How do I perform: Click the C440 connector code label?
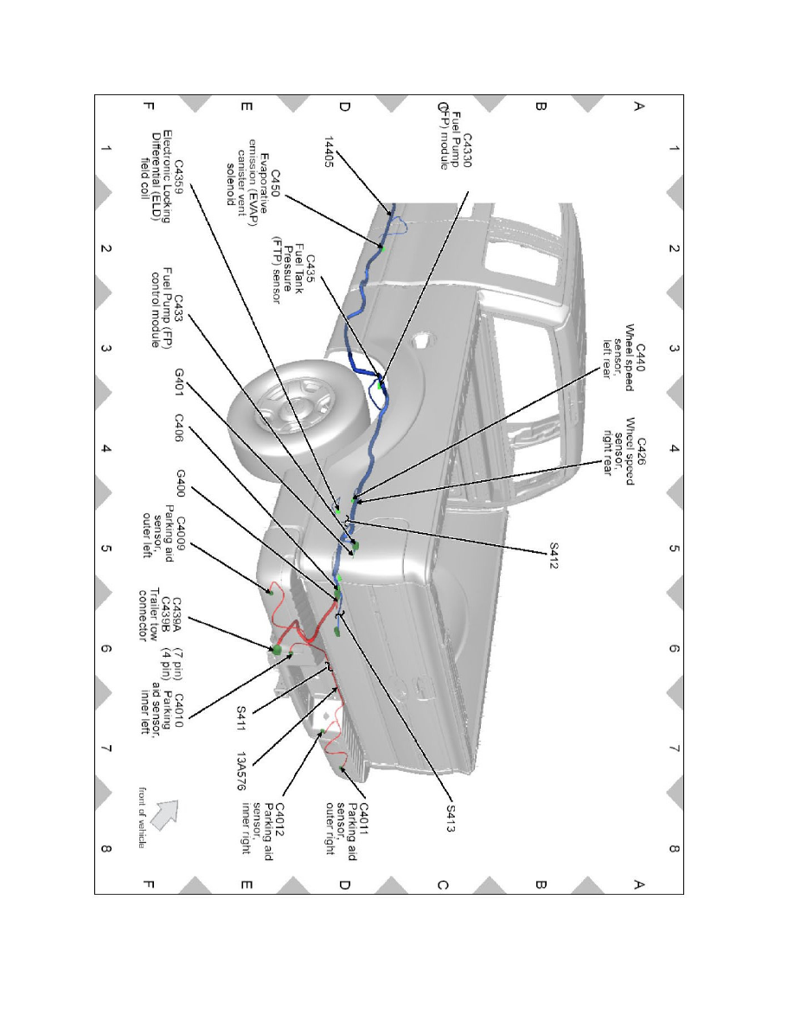click(641, 358)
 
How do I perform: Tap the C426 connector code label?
click(641, 451)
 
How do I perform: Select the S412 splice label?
click(554, 556)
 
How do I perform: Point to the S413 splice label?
click(450, 819)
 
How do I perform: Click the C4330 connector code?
click(466, 151)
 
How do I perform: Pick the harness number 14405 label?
click(330, 151)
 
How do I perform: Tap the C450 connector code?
click(276, 184)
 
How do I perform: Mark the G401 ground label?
click(179, 382)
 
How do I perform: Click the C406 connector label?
click(179, 427)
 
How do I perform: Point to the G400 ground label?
click(180, 483)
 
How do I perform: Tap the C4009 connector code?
click(178, 533)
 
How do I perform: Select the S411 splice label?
click(241, 718)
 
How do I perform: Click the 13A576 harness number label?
click(241, 771)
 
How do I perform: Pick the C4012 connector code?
click(279, 819)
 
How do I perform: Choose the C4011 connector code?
click(363, 819)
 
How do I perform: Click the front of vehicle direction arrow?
click(163, 815)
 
